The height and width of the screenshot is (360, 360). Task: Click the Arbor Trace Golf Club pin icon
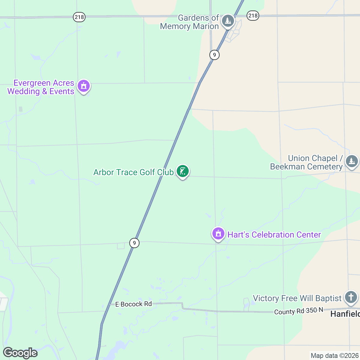point(182,171)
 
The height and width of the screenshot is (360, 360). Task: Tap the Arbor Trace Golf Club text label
point(133,172)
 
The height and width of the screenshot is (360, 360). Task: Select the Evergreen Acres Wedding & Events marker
point(84,86)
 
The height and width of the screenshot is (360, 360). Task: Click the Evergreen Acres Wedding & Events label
point(41,87)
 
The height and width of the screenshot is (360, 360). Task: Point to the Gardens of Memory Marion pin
point(228,21)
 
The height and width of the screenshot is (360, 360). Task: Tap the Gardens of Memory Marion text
point(190,22)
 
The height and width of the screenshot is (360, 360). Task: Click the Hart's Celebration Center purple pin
point(218,233)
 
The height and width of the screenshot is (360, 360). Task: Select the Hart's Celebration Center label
point(274,235)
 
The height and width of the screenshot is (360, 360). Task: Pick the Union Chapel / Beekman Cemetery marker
point(352,161)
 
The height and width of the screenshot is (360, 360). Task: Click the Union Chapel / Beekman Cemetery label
point(307,162)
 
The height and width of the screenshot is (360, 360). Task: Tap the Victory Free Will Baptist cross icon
point(351,297)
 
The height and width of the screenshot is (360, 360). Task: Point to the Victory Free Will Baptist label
point(297,298)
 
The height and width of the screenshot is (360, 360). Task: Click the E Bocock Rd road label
point(134,304)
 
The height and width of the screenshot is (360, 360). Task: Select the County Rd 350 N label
point(298,311)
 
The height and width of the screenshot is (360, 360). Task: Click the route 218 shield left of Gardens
point(79,17)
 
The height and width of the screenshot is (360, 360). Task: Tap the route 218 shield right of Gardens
point(253,15)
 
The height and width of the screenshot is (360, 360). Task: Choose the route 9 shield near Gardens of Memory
point(214,55)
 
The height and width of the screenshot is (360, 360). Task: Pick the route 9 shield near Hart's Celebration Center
point(134,243)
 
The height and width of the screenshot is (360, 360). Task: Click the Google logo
point(20,353)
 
